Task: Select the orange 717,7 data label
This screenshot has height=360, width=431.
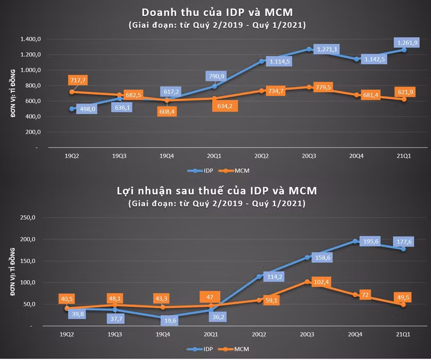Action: [x=78, y=80]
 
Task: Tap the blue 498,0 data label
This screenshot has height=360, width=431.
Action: [x=87, y=109]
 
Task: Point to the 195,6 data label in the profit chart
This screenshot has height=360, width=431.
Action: [x=371, y=241]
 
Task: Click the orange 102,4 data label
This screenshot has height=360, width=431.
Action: [x=321, y=282]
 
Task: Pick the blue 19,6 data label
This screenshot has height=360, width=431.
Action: [x=170, y=321]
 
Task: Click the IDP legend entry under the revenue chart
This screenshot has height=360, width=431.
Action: [x=201, y=171]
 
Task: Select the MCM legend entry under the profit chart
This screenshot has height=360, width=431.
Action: [x=234, y=349]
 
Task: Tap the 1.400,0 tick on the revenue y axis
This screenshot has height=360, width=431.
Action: [x=31, y=39]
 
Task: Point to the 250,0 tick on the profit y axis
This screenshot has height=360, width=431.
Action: [x=28, y=217]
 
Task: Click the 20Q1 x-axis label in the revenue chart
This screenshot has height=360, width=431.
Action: [x=214, y=156]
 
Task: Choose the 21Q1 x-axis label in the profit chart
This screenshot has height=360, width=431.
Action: [x=403, y=334]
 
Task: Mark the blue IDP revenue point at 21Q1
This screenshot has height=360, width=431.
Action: [x=404, y=50]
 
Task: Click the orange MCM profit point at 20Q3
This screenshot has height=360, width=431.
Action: [x=307, y=282]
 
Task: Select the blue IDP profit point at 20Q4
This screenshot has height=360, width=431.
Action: [x=355, y=241]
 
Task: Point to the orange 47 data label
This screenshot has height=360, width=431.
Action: [x=210, y=297]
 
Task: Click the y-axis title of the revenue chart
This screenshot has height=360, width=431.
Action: [x=13, y=93]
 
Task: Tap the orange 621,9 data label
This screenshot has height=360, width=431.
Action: [x=405, y=92]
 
